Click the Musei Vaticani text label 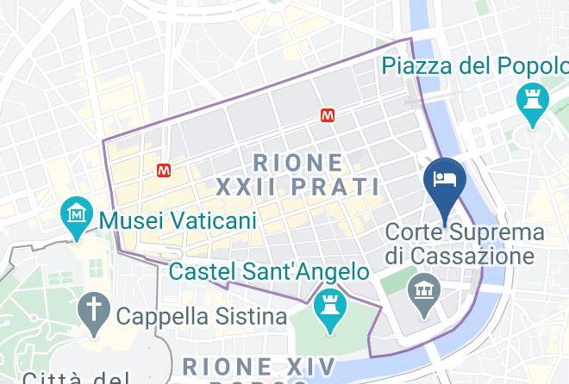[178, 220]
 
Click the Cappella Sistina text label [201, 317]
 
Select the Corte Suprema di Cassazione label [465, 244]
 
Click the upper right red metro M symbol [328, 115]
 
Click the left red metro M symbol [164, 170]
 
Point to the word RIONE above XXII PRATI [298, 161]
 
